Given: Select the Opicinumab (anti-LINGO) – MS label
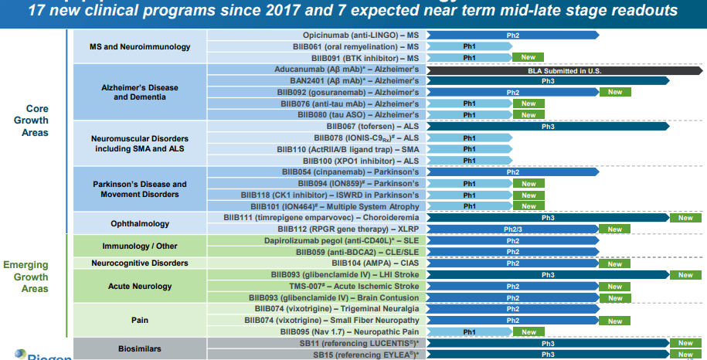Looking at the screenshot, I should pyautogui.click(x=360, y=36).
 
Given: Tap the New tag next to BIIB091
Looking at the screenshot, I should pyautogui.click(x=529, y=58).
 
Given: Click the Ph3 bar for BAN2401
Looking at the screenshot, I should pyautogui.click(x=547, y=81).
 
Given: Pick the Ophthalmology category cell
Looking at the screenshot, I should pyautogui.click(x=140, y=223).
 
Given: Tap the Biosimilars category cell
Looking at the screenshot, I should pyautogui.click(x=140, y=348).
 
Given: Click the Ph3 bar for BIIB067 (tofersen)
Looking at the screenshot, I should pyautogui.click(x=547, y=127).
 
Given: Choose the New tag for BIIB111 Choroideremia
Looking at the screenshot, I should pyautogui.click(x=685, y=218).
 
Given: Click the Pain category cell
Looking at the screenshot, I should pyautogui.click(x=140, y=320).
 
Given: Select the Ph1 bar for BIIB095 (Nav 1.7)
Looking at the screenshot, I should pyautogui.click(x=468, y=332).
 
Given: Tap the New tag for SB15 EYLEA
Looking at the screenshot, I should pyautogui.click(x=685, y=355).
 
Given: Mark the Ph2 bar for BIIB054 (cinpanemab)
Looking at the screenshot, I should pyautogui.click(x=512, y=172).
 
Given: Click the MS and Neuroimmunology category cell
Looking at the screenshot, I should pyautogui.click(x=140, y=47).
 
